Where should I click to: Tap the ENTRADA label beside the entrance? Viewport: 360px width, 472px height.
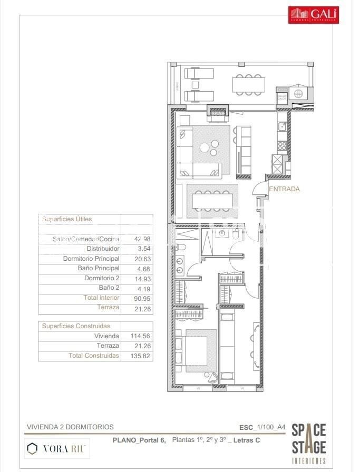pyautogui.click(x=284, y=189)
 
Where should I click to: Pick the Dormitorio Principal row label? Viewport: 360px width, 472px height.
pyautogui.click(x=91, y=259)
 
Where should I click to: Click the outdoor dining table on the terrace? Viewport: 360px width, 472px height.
pyautogui.click(x=247, y=83)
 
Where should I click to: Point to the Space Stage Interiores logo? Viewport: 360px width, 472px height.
pyautogui.click(x=309, y=442)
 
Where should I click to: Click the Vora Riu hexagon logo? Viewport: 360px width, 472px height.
pyautogui.click(x=33, y=448)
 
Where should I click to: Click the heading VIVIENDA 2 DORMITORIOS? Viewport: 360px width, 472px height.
pyautogui.click(x=70, y=427)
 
